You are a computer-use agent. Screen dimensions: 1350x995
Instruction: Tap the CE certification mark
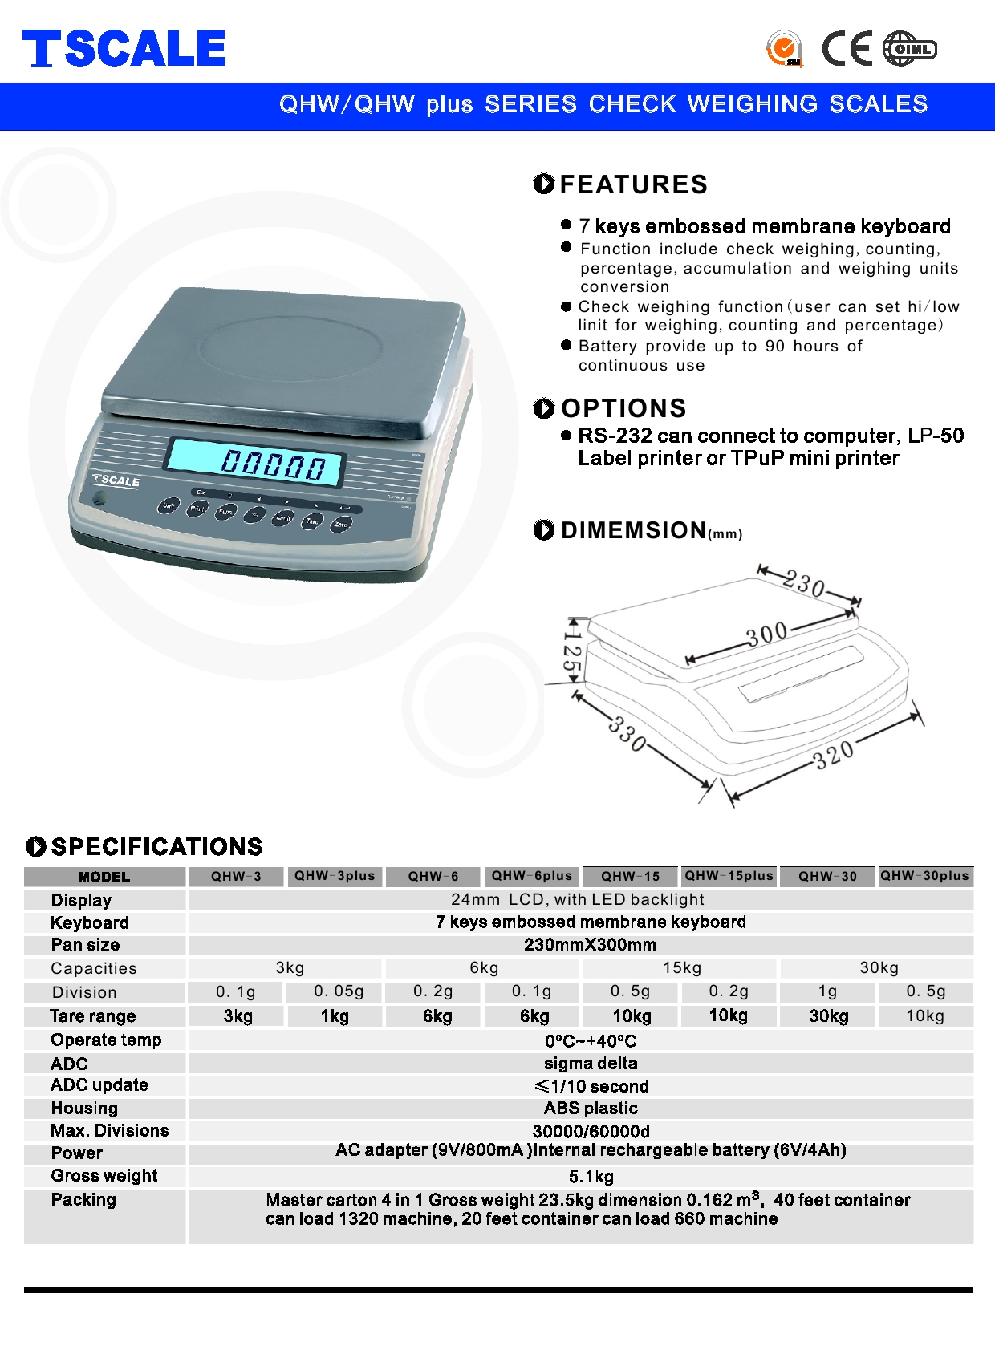coord(847,49)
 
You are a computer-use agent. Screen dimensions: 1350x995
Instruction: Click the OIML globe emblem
coord(909,49)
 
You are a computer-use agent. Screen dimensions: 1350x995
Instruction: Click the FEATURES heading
coord(632,184)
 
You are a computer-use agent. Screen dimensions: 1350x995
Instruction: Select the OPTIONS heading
coord(623,408)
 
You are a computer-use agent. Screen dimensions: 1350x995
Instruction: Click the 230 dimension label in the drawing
coord(805,584)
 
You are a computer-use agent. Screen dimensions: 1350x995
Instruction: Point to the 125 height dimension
coord(572,651)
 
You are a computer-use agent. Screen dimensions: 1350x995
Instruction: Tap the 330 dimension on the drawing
coord(627,733)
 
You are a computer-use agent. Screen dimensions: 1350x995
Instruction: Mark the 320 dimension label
coord(834,755)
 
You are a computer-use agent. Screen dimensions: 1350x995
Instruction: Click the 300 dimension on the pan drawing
coord(767,634)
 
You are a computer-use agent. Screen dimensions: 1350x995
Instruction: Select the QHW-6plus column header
coord(532,876)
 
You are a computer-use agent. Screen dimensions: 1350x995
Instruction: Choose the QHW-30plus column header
coord(924,876)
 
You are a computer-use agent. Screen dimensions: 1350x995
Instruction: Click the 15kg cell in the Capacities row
coord(682,968)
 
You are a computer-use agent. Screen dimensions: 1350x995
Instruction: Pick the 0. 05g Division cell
coord(339,991)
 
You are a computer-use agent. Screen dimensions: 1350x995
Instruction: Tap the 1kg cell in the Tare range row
coord(335,1016)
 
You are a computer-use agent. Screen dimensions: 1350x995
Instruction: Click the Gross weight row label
coord(104,1176)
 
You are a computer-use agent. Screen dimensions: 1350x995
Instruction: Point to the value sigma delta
coord(591,1064)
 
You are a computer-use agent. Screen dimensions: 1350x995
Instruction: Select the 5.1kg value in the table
coord(591,1177)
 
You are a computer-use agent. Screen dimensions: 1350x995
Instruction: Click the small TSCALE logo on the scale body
coord(117,480)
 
